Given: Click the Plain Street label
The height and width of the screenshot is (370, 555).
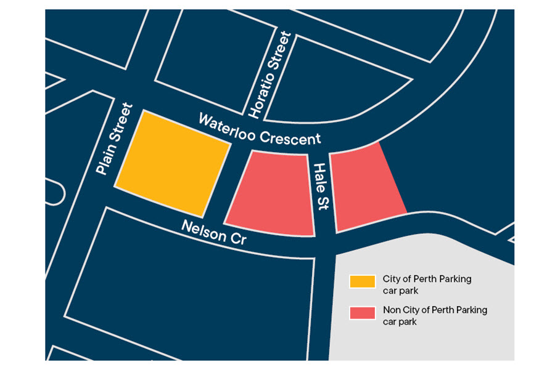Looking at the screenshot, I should coord(115,139).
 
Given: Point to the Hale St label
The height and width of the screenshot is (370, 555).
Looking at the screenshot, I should coord(321,187).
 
